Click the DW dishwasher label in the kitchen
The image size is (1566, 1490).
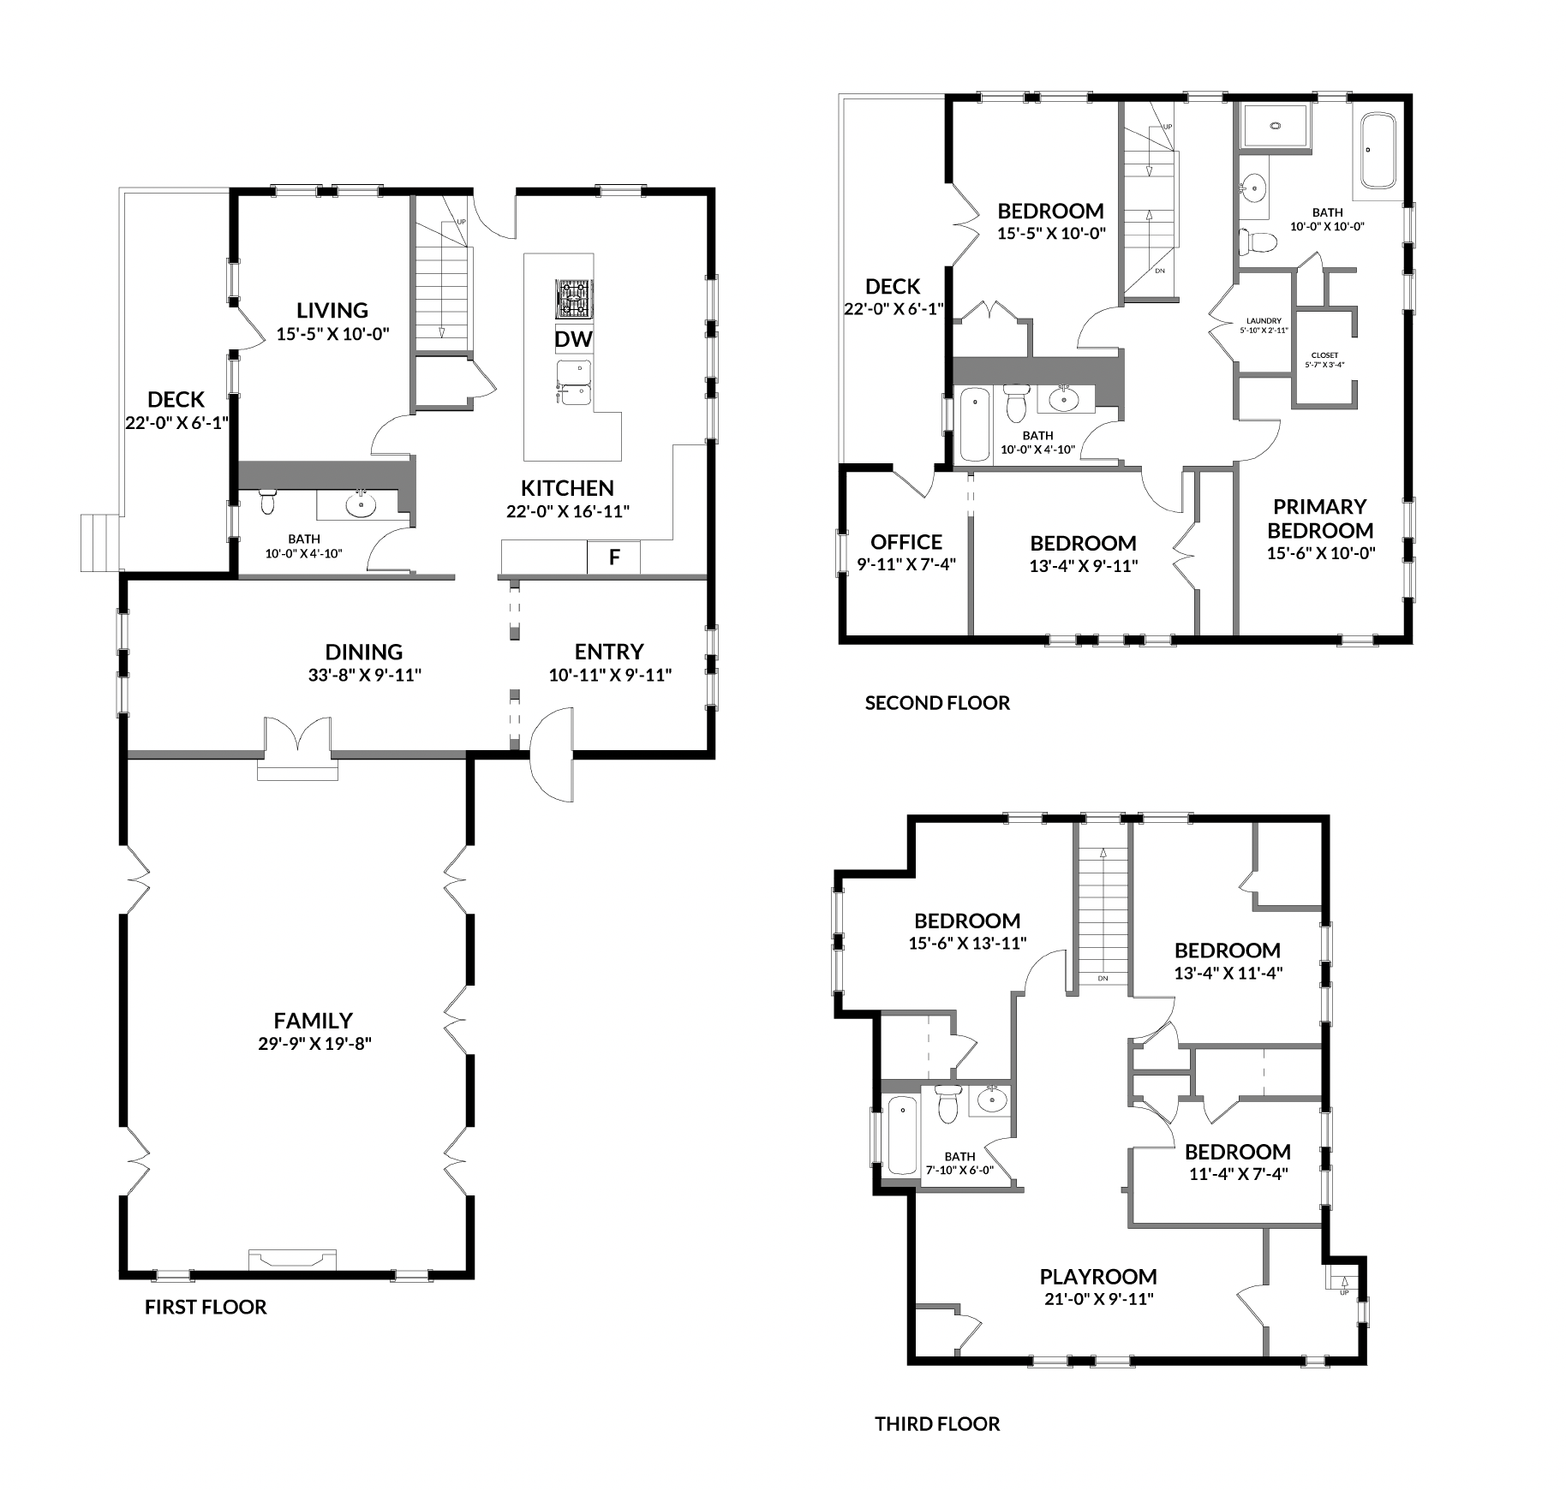point(573,339)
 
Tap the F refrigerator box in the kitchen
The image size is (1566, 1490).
point(613,557)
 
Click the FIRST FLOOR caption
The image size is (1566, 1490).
point(206,1307)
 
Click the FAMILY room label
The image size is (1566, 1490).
point(314,1021)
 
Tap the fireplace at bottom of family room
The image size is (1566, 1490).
point(292,1259)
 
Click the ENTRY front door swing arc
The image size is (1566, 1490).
point(552,754)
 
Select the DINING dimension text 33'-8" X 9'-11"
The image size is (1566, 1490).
point(365,675)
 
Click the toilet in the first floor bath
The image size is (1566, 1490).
point(267,502)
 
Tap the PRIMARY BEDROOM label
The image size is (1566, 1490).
point(1320,518)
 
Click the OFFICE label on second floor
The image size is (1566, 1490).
point(906,542)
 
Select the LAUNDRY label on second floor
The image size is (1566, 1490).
point(1264,321)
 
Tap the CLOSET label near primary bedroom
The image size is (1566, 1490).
point(1324,355)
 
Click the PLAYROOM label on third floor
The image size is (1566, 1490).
point(1098,1277)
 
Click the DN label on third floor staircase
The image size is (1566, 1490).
point(1103,978)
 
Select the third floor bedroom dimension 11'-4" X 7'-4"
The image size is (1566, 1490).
point(1239,1174)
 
